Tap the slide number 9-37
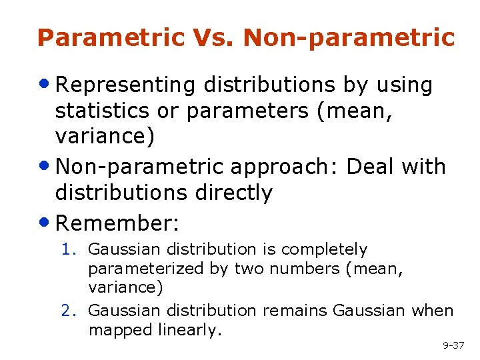(x=453, y=345)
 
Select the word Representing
(x=126, y=85)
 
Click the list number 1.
(x=68, y=249)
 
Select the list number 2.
(x=68, y=311)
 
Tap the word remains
(x=295, y=311)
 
